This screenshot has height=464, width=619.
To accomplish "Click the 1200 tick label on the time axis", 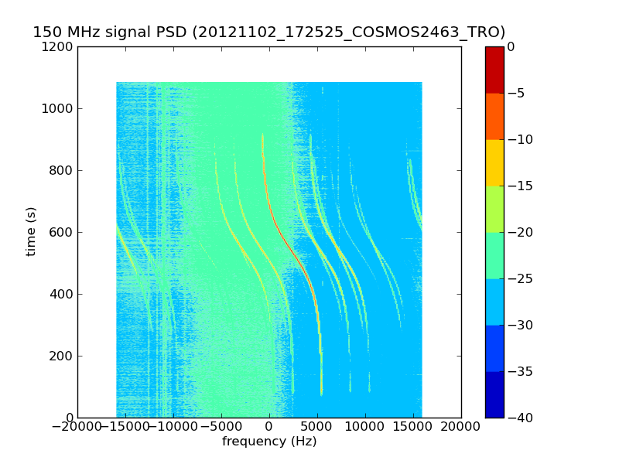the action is click(x=57, y=47).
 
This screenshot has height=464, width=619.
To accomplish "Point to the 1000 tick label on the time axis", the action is click(x=57, y=108).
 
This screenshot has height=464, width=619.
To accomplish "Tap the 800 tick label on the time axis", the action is click(x=61, y=170).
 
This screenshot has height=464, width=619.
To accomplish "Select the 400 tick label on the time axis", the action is click(x=61, y=294).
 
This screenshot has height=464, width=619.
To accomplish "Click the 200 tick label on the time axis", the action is click(x=61, y=356).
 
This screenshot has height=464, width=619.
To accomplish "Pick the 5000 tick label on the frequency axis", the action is click(x=317, y=427).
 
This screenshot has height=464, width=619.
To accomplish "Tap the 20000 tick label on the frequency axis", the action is click(x=460, y=427).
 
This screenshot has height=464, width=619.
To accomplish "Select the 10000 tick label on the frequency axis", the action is click(x=364, y=427).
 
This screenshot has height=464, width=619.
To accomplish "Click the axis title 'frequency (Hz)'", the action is click(x=269, y=441).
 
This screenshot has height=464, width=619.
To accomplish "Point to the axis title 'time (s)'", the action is click(x=30, y=231).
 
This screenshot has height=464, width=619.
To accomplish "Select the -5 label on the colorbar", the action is click(x=516, y=93).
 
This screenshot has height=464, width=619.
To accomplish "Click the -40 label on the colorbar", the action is click(x=520, y=418).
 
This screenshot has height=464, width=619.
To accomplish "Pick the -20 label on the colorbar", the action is click(x=520, y=232).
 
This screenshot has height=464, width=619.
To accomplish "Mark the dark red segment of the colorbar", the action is click(x=494, y=70).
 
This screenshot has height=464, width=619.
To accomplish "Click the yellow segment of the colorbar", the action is click(x=494, y=162).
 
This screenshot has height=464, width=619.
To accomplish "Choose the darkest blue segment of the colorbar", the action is click(x=494, y=394).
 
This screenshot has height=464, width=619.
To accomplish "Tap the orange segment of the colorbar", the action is click(x=494, y=117).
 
